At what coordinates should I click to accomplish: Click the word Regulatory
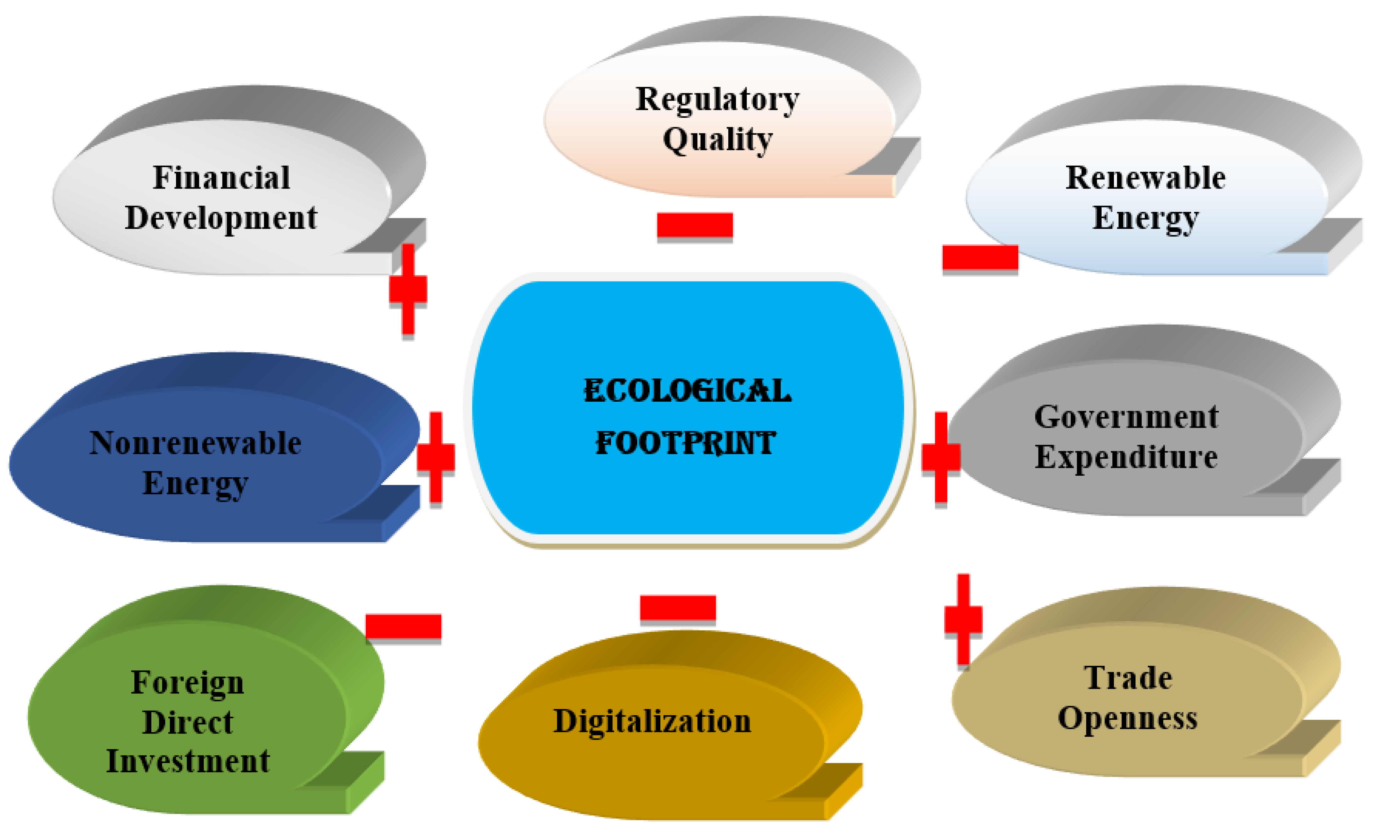coord(717,99)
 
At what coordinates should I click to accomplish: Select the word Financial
coord(221,178)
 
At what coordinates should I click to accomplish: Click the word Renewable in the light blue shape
coord(1145,178)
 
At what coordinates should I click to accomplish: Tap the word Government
coord(1126,417)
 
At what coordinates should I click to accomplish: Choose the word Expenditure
coord(1126,456)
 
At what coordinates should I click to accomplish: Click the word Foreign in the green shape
coord(188,683)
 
